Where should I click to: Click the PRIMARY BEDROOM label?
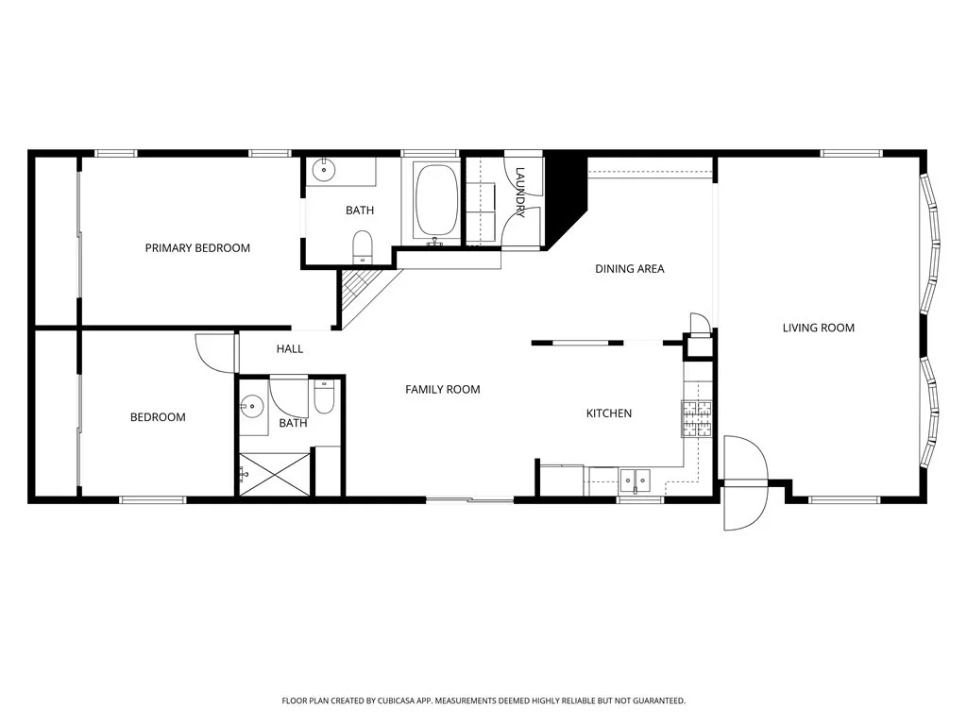click(197, 248)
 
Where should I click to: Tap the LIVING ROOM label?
click(818, 328)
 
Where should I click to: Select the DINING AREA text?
click(629, 269)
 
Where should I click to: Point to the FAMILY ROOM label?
click(442, 389)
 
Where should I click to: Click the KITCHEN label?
click(608, 413)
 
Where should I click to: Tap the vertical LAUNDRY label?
click(519, 189)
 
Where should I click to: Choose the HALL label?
click(290, 349)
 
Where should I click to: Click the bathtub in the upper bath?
click(435, 202)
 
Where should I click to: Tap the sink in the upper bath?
click(324, 171)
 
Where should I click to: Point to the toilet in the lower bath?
click(323, 400)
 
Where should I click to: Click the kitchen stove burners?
click(697, 419)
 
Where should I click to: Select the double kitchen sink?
click(635, 480)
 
